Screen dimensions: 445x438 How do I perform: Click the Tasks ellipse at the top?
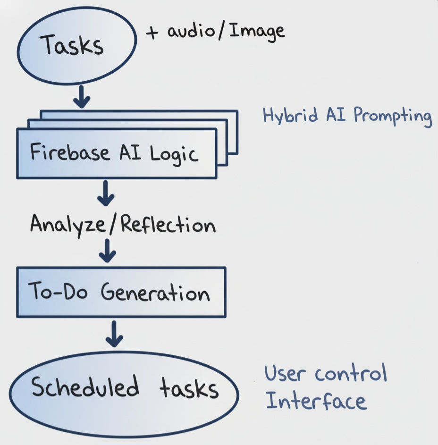pos(76,46)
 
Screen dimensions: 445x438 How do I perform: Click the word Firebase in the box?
pos(65,153)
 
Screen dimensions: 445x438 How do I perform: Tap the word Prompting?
pos(392,117)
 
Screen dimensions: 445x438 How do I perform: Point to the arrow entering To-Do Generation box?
pos(108,250)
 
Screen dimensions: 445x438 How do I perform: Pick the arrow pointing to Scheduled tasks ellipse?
pos(115,334)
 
